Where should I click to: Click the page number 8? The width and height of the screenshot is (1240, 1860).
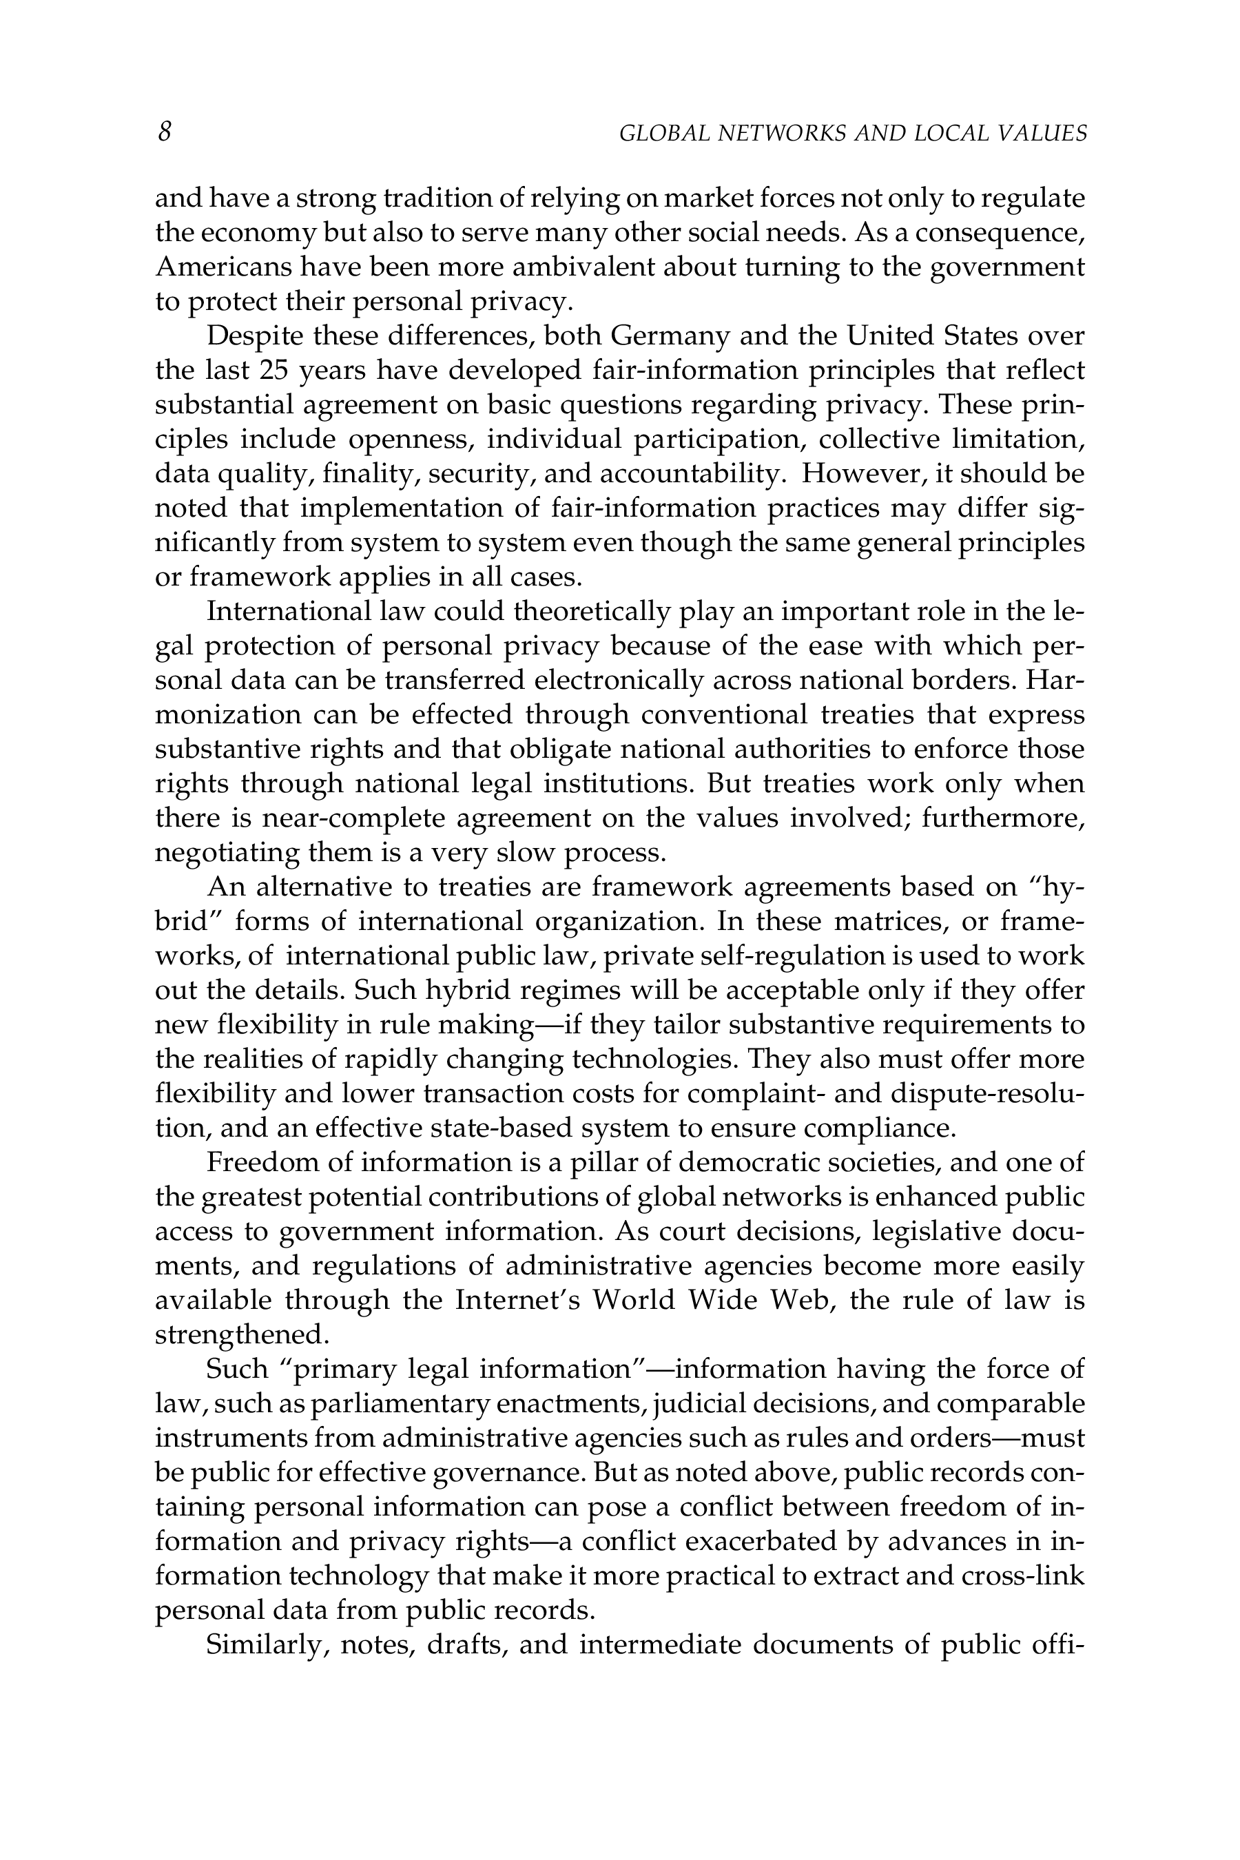coord(165,132)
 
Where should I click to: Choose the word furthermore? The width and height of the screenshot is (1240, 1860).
coord(1003,818)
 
